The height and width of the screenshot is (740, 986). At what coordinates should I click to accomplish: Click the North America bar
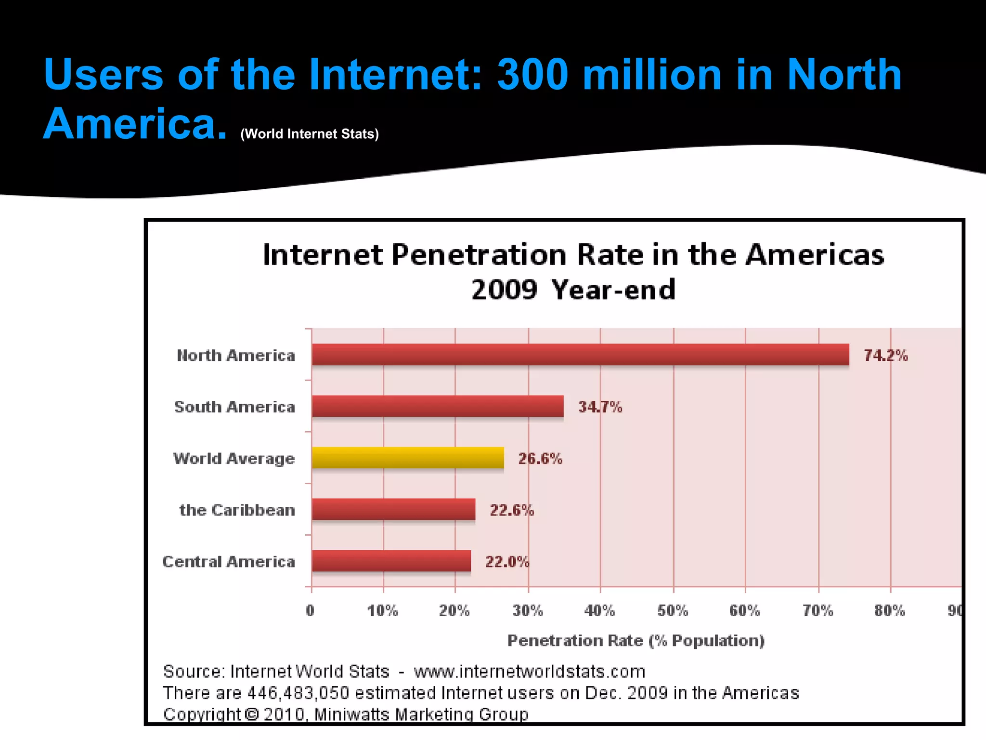click(580, 355)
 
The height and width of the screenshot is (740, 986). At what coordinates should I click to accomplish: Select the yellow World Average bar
click(408, 458)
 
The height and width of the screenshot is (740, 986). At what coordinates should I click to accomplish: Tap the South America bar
click(438, 406)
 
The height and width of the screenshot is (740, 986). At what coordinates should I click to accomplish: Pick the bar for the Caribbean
click(393, 509)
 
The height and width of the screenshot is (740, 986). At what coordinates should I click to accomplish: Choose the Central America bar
click(391, 561)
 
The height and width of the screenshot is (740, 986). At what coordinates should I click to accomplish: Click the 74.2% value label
click(885, 356)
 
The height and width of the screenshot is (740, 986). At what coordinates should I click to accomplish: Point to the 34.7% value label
click(600, 407)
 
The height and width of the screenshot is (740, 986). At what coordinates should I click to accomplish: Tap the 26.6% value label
click(540, 459)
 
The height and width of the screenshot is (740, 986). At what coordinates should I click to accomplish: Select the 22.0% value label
click(507, 562)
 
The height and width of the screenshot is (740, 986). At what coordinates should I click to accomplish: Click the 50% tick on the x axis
click(673, 611)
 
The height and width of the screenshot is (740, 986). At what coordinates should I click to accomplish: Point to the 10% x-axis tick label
click(382, 611)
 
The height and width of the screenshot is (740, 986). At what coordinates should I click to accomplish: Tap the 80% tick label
click(890, 611)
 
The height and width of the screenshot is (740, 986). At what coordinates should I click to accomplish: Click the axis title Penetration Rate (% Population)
click(636, 641)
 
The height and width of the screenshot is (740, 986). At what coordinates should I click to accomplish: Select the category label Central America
click(229, 562)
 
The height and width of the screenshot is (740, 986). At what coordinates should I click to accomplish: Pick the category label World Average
click(234, 459)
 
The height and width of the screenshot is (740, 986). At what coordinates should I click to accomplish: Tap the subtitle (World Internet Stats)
click(310, 134)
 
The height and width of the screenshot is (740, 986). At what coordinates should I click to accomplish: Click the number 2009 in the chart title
click(504, 290)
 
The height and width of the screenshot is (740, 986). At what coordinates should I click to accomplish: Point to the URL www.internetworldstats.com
click(529, 672)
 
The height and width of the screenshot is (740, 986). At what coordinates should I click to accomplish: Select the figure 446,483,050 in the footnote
click(298, 693)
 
